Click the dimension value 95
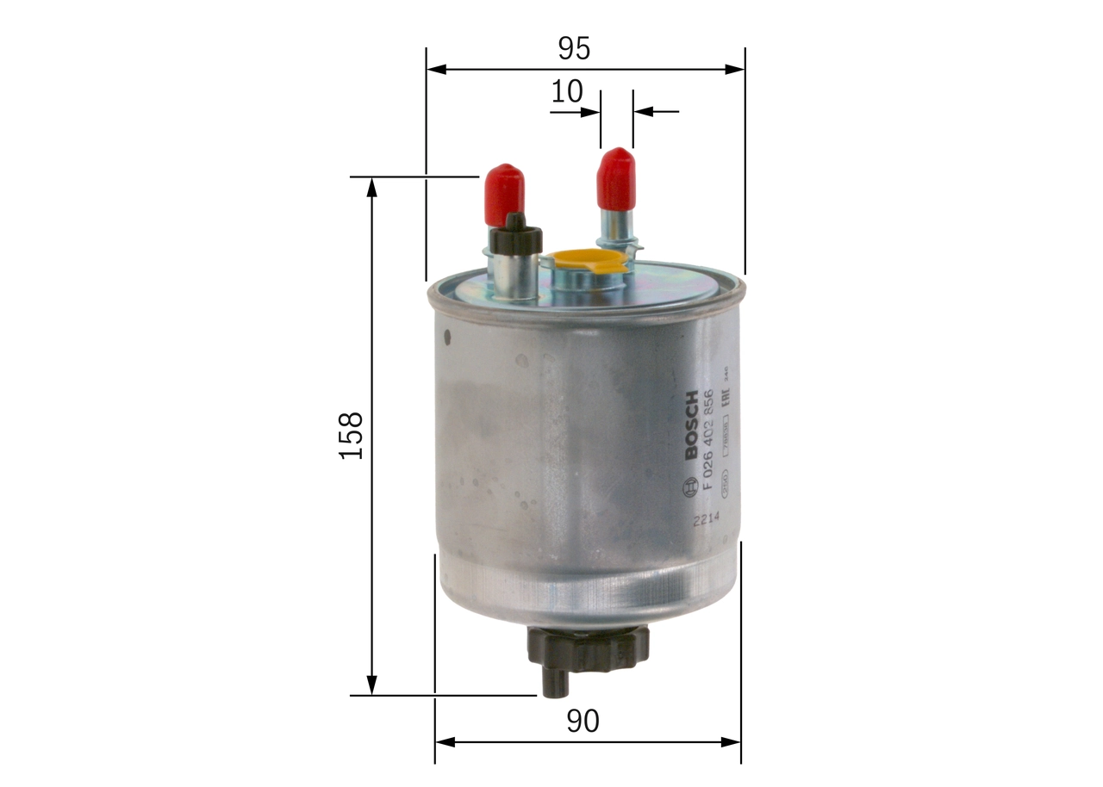573,48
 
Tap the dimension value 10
567,92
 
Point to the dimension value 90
583,722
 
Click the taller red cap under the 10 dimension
616,178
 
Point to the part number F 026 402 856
709,440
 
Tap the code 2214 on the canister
704,519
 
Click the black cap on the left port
514,237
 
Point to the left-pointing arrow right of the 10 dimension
643,111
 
